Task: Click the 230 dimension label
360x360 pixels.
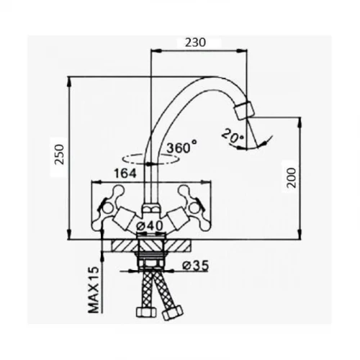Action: [x=195, y=42]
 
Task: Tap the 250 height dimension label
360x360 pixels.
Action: [x=59, y=154]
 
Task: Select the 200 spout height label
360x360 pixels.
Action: [x=292, y=178]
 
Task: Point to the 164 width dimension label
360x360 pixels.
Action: [x=125, y=174]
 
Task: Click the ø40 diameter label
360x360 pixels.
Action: [x=149, y=225]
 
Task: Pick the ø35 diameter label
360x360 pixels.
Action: [x=195, y=266]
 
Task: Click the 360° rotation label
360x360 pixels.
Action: [x=181, y=147]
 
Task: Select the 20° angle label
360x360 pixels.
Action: [x=233, y=136]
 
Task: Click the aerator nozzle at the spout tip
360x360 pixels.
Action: [x=244, y=110]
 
